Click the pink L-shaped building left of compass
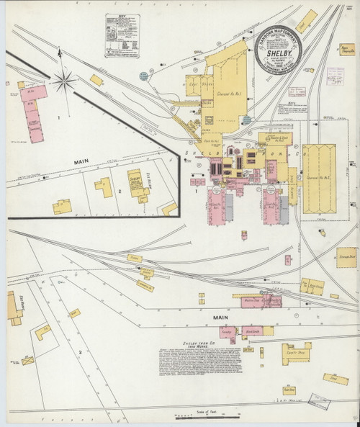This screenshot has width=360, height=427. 33,108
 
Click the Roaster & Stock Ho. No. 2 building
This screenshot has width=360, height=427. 278,138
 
